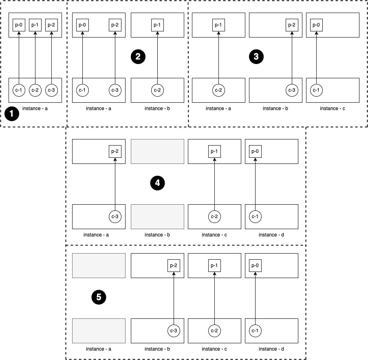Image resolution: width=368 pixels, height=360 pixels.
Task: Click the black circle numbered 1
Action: pos(11,114)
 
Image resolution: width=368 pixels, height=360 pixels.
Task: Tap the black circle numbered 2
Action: pos(138,57)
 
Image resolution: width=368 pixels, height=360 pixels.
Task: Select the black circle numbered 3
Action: pos(256,57)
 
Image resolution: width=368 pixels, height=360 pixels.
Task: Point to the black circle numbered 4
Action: pos(157,183)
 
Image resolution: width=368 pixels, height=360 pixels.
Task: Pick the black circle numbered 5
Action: pos(99,298)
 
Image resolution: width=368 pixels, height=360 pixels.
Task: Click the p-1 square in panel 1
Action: pos(35,25)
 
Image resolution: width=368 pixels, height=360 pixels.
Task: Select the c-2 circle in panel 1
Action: pos(35,90)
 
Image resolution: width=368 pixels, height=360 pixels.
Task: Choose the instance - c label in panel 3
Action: pos(332,108)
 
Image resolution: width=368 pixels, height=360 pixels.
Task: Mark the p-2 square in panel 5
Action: pos(174,265)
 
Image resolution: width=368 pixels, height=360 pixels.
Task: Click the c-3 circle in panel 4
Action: pos(115,216)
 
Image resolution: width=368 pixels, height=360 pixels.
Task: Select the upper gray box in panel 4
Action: pos(157,151)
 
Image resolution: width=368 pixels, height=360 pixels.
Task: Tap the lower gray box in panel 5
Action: pos(98,330)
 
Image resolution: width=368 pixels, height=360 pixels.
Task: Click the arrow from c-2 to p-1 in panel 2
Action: pos(157,57)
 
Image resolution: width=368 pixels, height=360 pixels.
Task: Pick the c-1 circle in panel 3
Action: pos(316,90)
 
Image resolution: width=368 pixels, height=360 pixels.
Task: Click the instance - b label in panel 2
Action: pos(157,108)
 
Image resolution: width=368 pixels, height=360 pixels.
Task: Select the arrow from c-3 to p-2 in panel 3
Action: pos(292,57)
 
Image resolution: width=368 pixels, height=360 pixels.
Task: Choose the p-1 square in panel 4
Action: pos(214,151)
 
